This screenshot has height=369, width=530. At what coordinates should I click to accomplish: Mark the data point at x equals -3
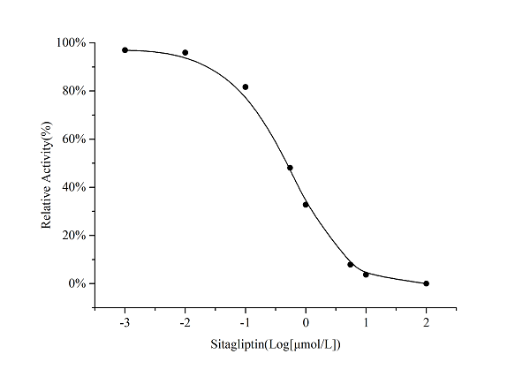(x=125, y=50)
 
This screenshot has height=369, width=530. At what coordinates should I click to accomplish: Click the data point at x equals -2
(x=185, y=53)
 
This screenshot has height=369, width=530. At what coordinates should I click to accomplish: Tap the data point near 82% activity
(x=246, y=87)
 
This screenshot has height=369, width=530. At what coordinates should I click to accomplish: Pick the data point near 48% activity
(x=290, y=168)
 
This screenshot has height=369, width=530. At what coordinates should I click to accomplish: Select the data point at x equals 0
(x=306, y=205)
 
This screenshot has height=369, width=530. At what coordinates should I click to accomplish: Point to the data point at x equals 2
(x=427, y=283)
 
